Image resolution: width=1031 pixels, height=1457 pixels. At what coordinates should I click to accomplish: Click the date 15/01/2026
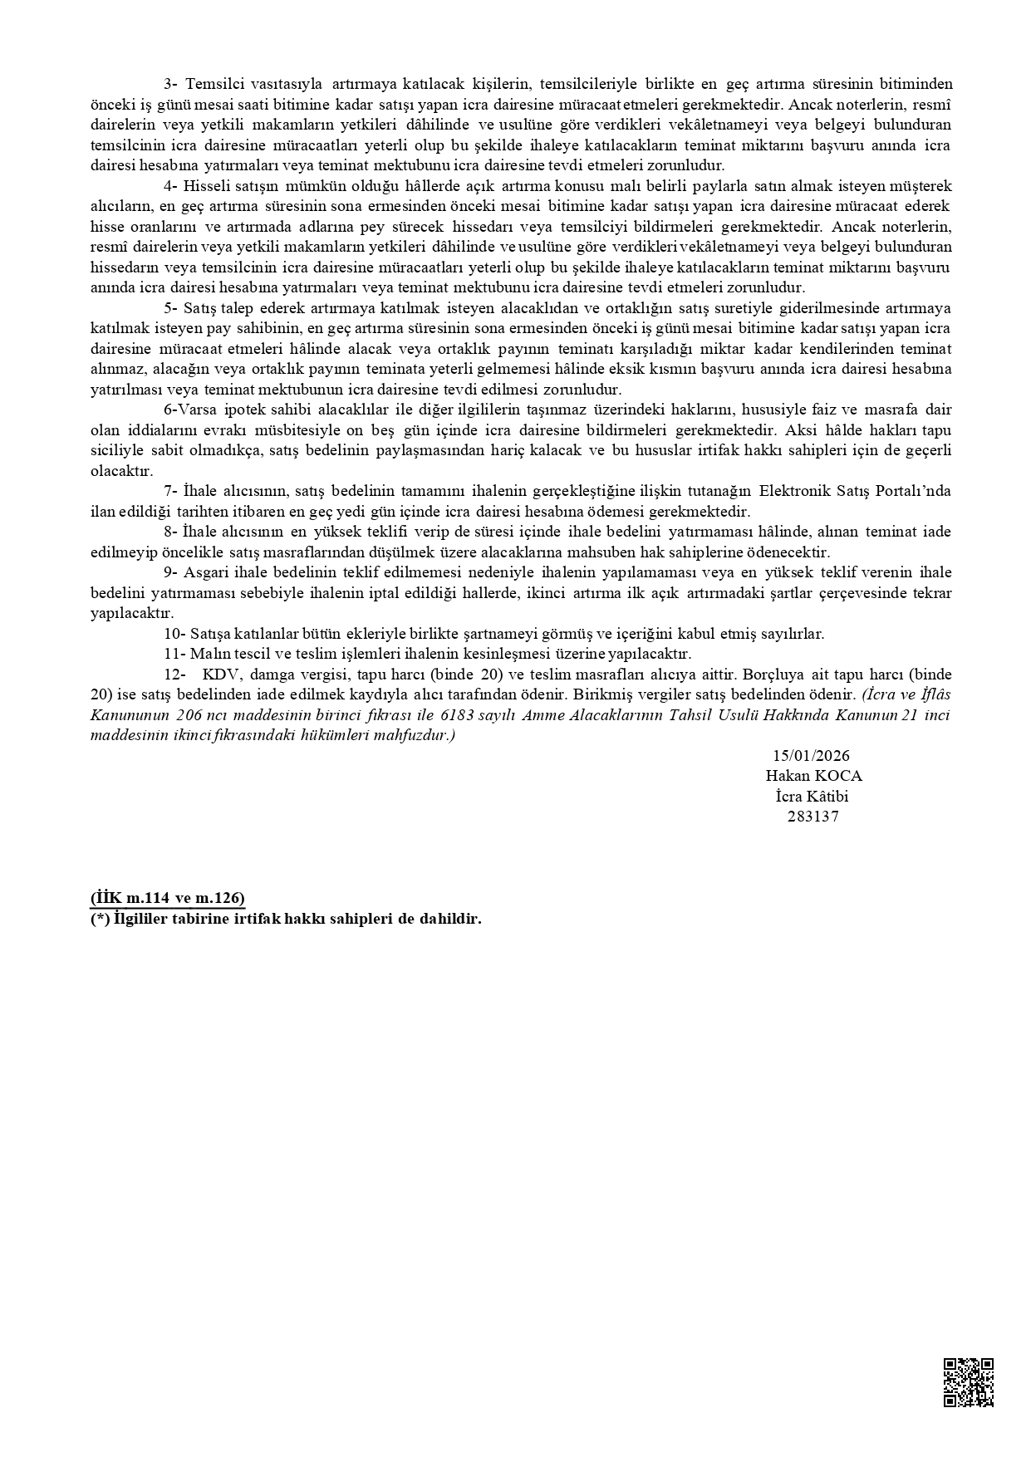[811, 755]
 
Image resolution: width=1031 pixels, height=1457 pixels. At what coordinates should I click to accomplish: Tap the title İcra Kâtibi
[811, 796]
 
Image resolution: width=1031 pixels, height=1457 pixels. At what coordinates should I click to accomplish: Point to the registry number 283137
[813, 816]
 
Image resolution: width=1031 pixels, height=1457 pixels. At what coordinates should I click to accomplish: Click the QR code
[969, 1382]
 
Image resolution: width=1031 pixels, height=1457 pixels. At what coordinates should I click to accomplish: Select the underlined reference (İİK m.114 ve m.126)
[168, 899]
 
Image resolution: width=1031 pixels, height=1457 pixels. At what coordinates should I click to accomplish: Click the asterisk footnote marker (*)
[100, 919]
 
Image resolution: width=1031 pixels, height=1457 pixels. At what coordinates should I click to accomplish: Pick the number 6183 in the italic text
[460, 715]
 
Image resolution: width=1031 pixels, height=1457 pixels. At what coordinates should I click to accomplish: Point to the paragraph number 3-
[171, 84]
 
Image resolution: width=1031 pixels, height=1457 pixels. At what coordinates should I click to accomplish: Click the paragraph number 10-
[174, 634]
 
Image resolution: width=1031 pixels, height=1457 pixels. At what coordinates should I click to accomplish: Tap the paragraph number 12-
[174, 674]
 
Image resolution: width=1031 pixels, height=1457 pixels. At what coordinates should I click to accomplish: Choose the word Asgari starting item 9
[204, 572]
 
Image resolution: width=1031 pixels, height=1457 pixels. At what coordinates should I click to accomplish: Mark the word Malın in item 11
[207, 654]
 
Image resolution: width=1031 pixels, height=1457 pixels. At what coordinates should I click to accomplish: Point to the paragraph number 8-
[171, 532]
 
